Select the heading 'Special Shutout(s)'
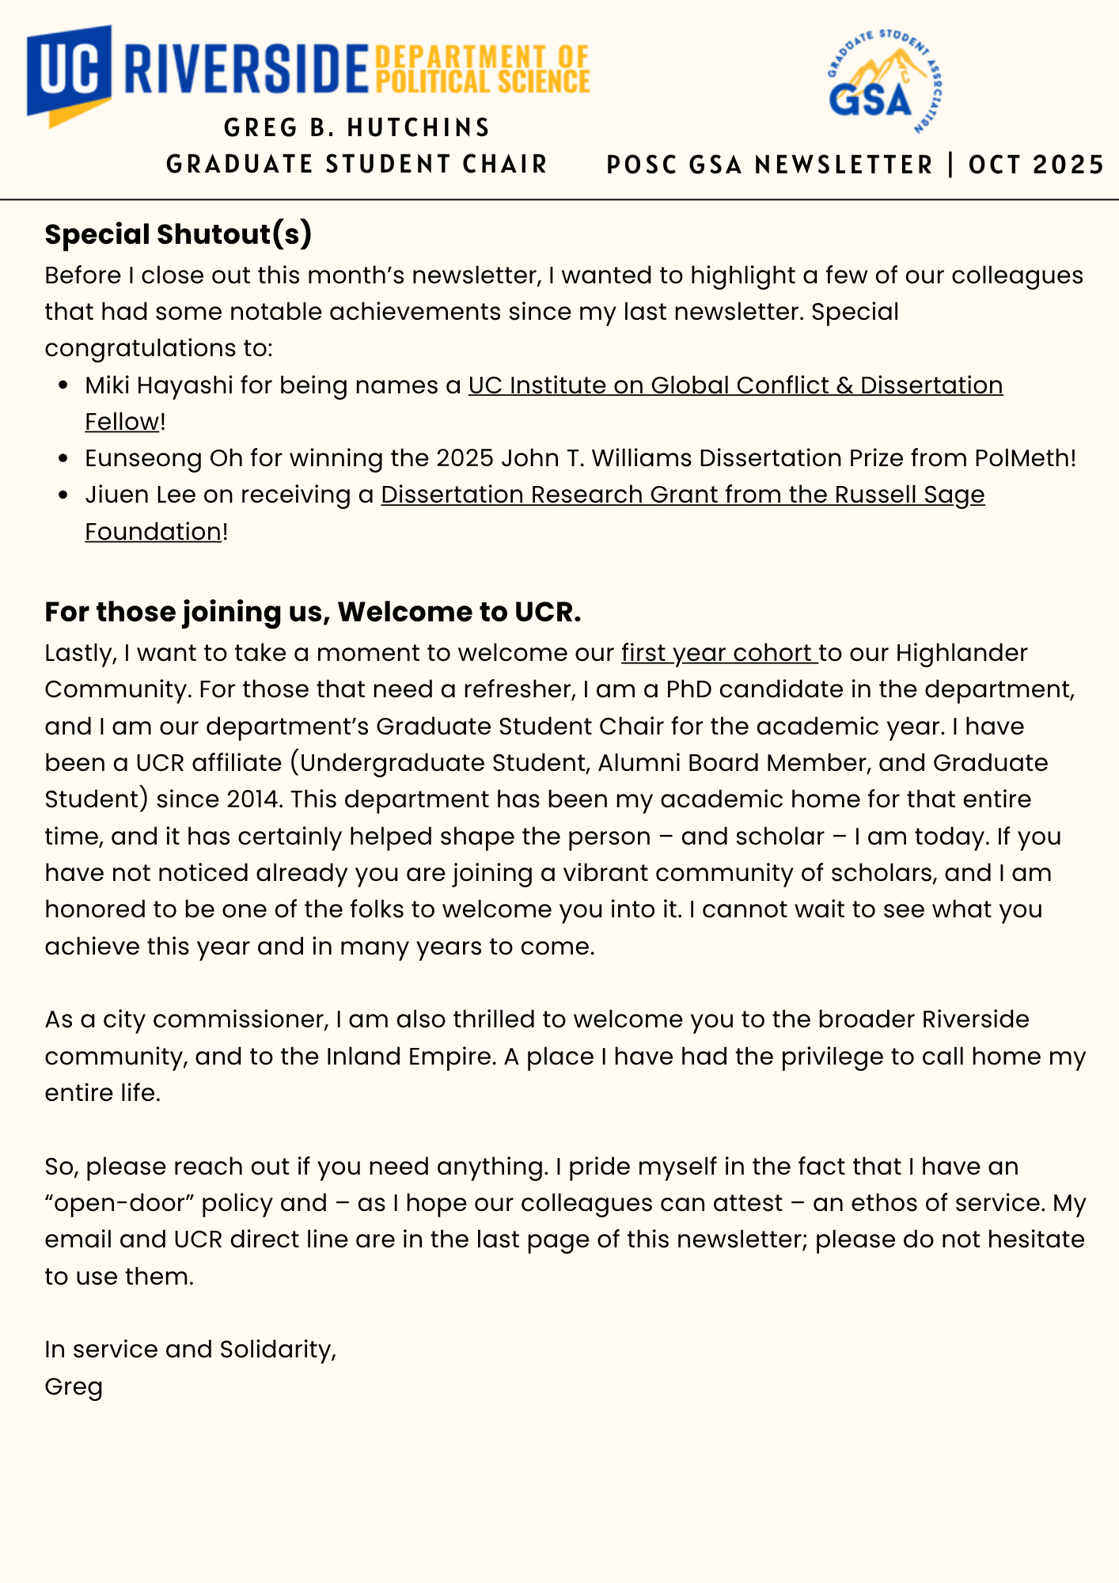178,234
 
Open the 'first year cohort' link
719,653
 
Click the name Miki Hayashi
159,385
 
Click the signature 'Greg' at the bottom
74,1387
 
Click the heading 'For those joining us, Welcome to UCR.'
313,612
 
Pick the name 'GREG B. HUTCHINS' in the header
357,127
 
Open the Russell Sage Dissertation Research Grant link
682,495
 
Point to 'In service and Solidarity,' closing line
191,1350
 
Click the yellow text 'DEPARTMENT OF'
482,57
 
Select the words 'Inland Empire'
409,1057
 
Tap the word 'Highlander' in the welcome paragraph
962,653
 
